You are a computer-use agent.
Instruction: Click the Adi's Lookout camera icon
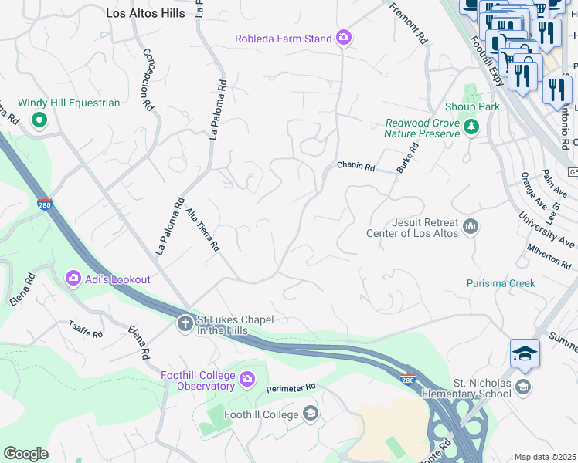(73, 277)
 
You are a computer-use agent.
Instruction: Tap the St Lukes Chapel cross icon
(185, 324)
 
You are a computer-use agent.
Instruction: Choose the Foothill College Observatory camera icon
(247, 378)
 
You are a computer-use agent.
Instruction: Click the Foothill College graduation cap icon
(311, 414)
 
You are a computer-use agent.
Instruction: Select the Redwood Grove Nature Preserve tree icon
(471, 127)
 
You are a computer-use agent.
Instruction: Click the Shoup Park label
(472, 106)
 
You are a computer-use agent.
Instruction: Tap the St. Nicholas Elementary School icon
(524, 387)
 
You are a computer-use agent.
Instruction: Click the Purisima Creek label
(501, 283)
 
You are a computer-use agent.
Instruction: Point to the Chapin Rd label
(355, 166)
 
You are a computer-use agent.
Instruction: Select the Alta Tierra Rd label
(205, 231)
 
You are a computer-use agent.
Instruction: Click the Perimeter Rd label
(291, 387)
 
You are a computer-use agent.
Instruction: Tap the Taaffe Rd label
(85, 330)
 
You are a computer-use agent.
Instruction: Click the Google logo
(25, 454)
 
